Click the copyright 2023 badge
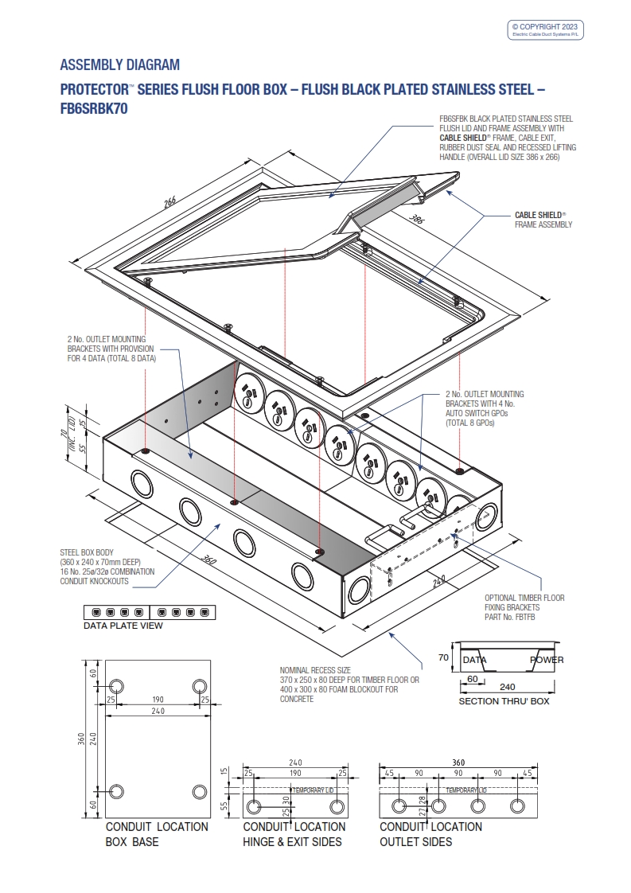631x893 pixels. (x=547, y=29)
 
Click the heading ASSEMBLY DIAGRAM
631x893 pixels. (x=119, y=64)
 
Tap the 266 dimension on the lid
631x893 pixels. (x=169, y=202)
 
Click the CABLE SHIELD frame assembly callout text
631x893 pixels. (x=543, y=220)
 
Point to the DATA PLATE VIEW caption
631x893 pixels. (x=123, y=626)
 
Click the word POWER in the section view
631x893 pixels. (x=547, y=660)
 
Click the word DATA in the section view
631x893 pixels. (x=475, y=660)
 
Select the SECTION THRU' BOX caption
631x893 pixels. (x=504, y=701)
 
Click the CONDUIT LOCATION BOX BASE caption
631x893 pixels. (x=157, y=834)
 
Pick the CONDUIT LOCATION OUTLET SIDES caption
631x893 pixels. (x=430, y=834)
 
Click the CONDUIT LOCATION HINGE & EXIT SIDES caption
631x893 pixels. (x=294, y=834)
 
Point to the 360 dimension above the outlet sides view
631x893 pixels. (x=458, y=762)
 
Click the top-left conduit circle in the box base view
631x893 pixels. (x=116, y=686)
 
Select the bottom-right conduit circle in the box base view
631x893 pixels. (x=200, y=791)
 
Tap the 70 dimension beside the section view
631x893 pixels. (x=443, y=658)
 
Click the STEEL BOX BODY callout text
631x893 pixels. (x=107, y=567)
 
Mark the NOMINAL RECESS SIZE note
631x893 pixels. (x=349, y=684)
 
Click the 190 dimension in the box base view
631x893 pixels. (x=158, y=700)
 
